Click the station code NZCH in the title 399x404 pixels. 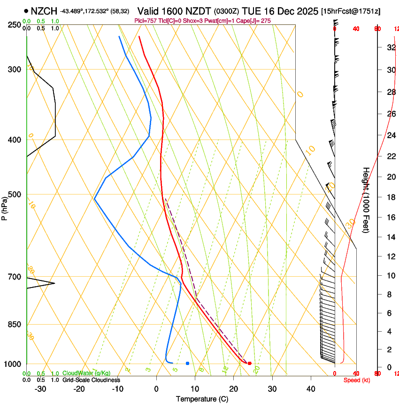pos(44,11)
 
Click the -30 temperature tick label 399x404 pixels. pos(40,389)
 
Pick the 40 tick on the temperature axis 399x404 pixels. pos(310,389)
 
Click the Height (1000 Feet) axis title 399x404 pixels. pos(366,200)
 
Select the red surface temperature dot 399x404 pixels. pos(250,363)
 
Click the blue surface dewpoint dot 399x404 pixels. pos(187,363)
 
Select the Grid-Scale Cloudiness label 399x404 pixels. pos(91,380)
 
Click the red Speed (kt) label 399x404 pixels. pos(357,380)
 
